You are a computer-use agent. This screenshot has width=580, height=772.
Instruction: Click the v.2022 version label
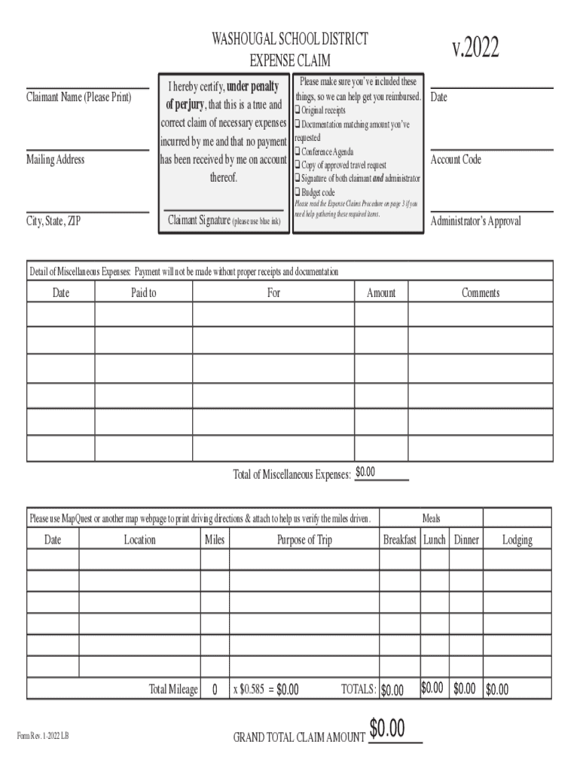pos(475,48)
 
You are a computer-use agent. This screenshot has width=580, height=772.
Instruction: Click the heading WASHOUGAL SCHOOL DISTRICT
pos(290,39)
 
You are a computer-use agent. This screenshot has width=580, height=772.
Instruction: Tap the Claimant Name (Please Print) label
pos(78,97)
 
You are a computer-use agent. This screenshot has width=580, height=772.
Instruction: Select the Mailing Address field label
pos(56,160)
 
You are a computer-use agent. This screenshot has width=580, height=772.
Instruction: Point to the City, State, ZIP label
pos(53,222)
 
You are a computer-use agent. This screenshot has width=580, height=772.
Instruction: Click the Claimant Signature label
pos(224,221)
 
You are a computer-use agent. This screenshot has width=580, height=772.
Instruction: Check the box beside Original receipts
pos(298,111)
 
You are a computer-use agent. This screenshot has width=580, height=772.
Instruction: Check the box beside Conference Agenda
pos(298,152)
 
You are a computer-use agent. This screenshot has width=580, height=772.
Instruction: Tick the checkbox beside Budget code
pos(298,193)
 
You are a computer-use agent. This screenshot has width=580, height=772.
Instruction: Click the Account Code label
pos(456,160)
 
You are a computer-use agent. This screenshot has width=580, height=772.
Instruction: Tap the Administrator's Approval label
pos(475,222)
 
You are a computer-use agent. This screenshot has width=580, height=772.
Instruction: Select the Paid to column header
pos(143,293)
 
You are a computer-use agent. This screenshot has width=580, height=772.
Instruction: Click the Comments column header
pos(481,293)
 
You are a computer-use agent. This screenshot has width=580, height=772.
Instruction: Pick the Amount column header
pos(380,293)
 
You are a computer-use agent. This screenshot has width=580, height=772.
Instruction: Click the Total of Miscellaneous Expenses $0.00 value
pos(365,473)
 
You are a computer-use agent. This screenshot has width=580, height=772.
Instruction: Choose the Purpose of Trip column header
pos(304,540)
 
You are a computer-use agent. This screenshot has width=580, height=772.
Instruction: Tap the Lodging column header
pos(517,540)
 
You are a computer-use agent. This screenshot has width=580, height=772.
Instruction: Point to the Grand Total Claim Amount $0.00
pos(387,730)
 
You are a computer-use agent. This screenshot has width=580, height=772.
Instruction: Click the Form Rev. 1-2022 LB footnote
pos(44,736)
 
